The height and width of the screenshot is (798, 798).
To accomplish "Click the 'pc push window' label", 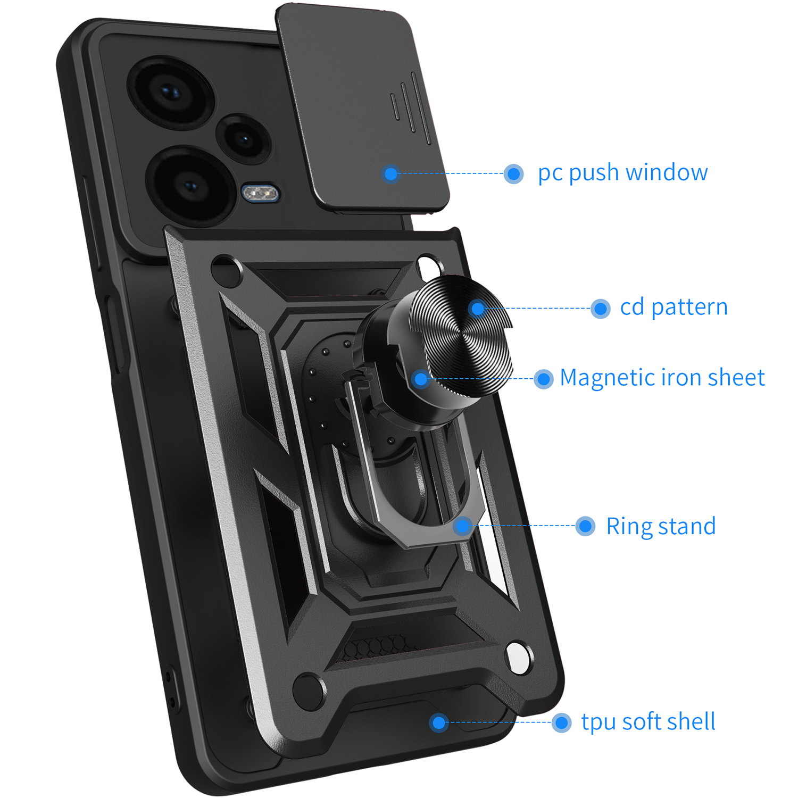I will [622, 173].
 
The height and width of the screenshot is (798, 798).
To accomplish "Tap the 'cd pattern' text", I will [674, 307].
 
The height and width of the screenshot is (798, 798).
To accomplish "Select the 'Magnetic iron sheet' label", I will [662, 378].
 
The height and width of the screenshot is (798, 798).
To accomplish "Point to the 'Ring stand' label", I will [661, 526].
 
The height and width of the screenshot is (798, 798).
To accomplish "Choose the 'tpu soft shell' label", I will [648, 722].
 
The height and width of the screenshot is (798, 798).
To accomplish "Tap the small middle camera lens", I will [245, 139].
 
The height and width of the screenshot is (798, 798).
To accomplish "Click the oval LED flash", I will [261, 193].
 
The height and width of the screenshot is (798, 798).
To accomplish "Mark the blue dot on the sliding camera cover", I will [391, 173].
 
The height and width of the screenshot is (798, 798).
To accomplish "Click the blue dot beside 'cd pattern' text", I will [600, 308].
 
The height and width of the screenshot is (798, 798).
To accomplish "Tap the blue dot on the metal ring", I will [463, 526].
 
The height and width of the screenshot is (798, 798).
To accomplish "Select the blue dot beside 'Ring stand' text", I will [585, 526].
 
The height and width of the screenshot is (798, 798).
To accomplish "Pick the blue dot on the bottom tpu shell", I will [439, 722].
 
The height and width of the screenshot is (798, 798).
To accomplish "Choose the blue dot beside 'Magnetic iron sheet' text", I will [543, 379].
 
